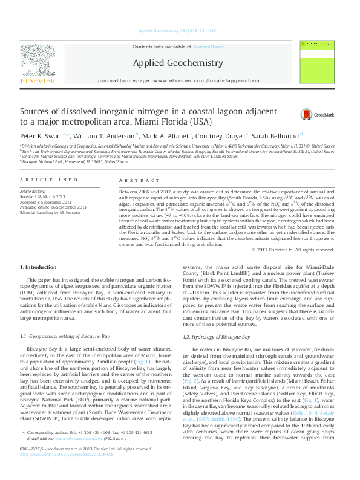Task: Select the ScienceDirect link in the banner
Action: [209, 47]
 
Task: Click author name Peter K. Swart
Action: [39, 136]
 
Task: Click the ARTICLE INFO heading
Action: [49, 180]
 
